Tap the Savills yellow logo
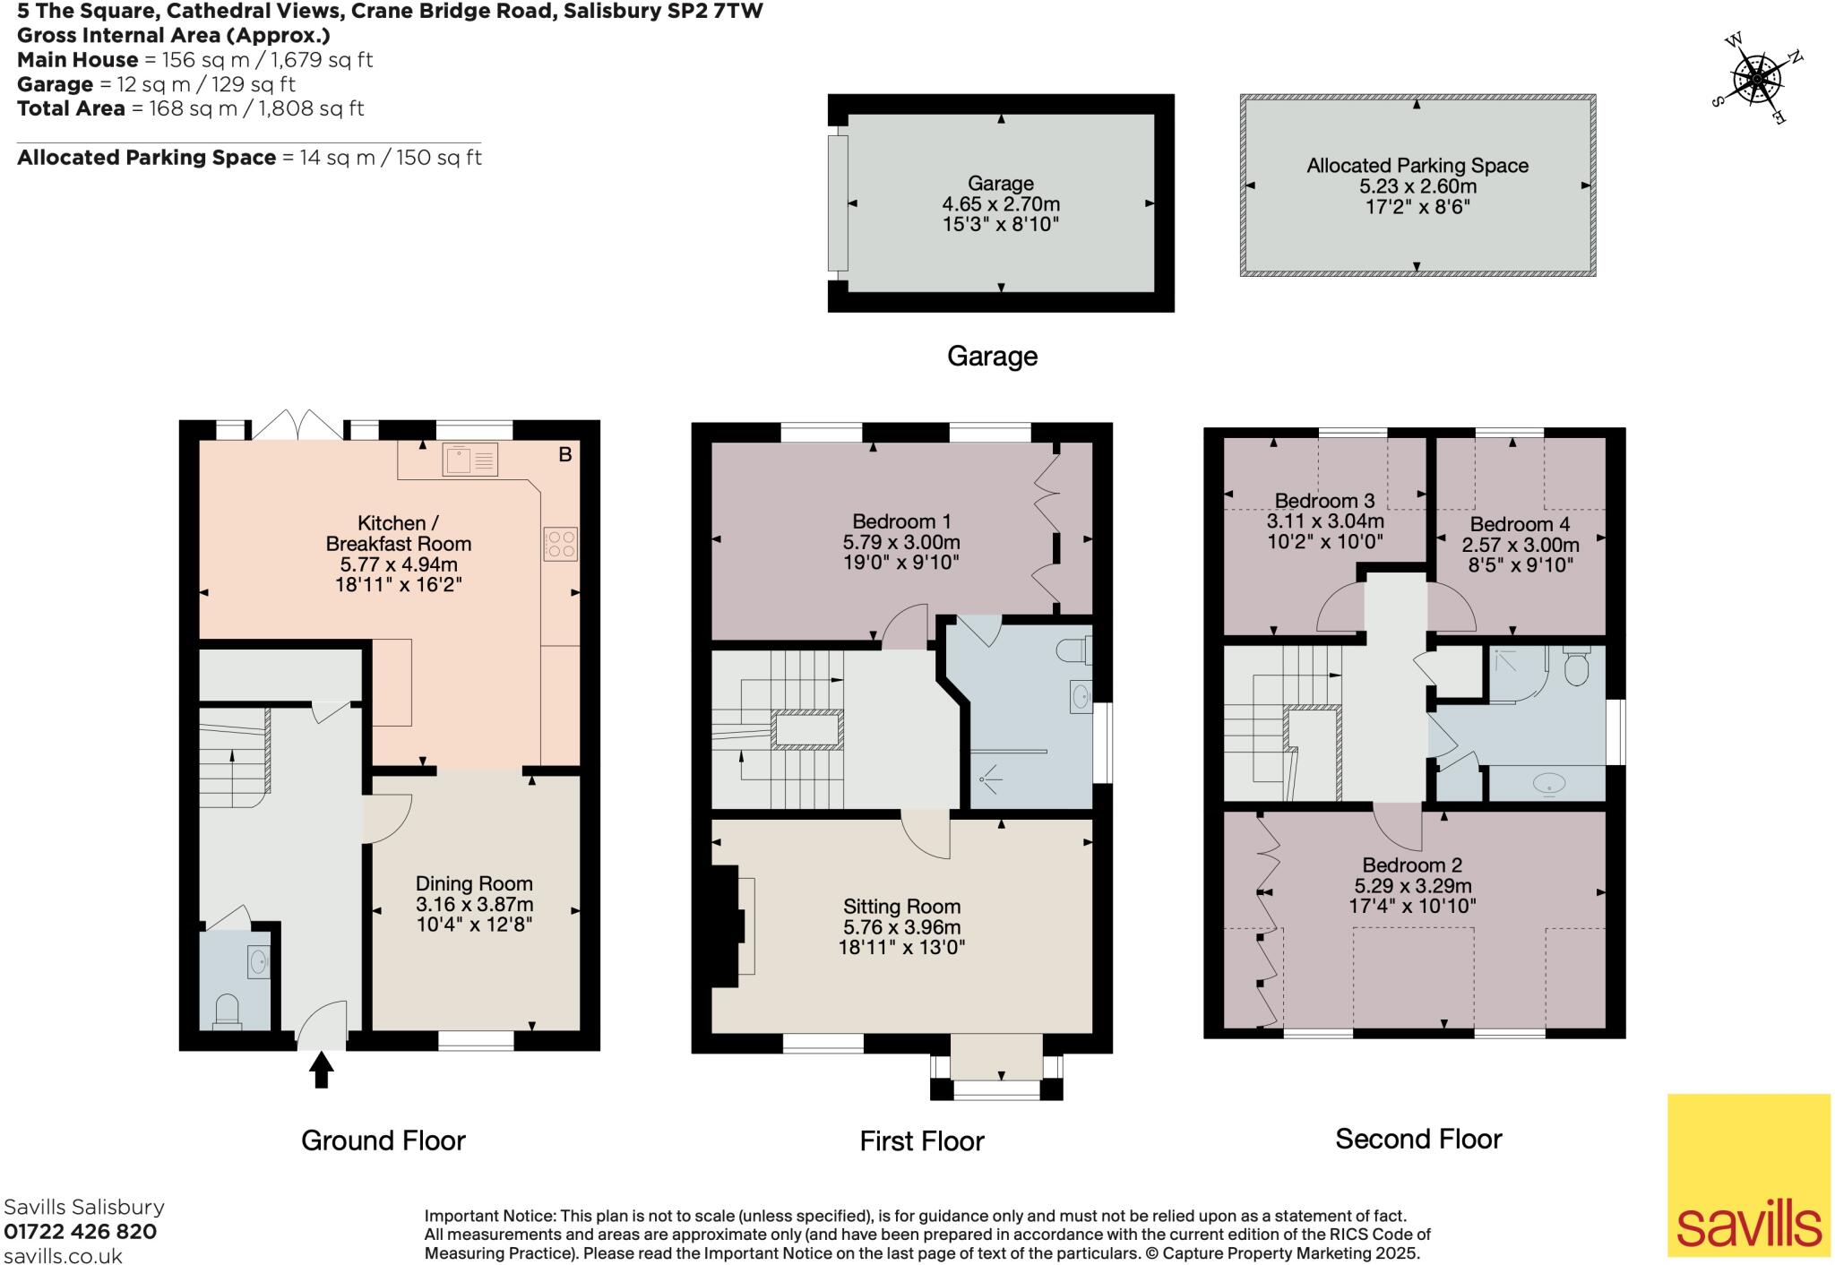1749,1175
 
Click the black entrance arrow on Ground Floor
321,1070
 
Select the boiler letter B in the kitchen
565,455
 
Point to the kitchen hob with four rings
560,544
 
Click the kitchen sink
470,460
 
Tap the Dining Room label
474,884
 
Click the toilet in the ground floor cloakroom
228,1011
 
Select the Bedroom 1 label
901,521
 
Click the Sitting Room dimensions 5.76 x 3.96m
901,927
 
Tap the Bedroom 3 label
1324,501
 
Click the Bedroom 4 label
1520,524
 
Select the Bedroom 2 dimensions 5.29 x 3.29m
1413,886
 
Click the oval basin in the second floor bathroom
1549,784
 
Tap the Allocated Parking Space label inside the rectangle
1417,166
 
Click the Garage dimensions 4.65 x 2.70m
1001,204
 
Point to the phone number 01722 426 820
81,1232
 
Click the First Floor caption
922,1140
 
